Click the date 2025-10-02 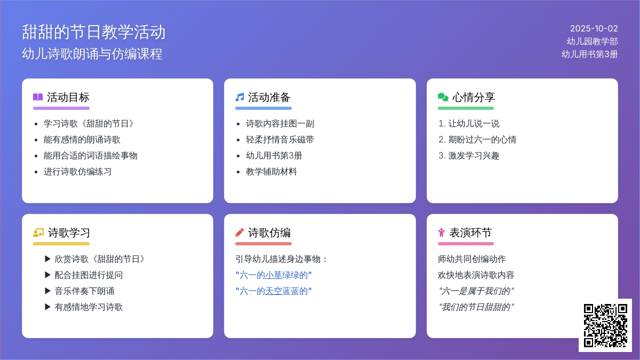click(594, 29)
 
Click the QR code click(605, 325)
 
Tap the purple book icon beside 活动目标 click(38, 97)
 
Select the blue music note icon click(239, 97)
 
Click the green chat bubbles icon click(443, 97)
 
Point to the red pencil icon click(239, 233)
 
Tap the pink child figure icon click(442, 233)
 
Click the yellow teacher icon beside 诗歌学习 click(38, 233)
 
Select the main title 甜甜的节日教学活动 click(94, 31)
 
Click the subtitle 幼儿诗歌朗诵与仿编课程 click(92, 54)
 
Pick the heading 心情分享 click(474, 97)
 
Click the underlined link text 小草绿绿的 click(286, 275)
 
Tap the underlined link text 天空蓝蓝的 click(286, 291)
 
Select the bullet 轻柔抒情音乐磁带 click(279, 139)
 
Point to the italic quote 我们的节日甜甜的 click(476, 307)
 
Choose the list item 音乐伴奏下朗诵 click(84, 291)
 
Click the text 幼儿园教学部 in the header click(593, 42)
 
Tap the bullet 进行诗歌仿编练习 click(77, 171)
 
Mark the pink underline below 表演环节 click(466, 244)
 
